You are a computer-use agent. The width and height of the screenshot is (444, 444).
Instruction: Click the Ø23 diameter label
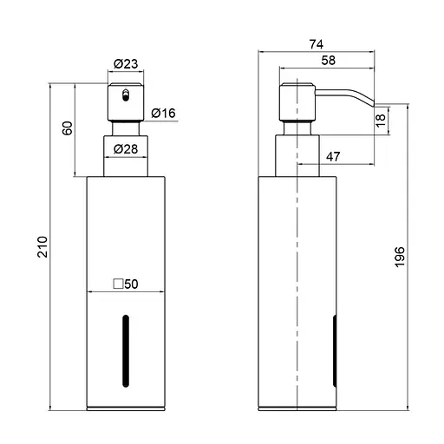coord(125,64)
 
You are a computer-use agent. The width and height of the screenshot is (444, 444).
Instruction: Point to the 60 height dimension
coord(66,129)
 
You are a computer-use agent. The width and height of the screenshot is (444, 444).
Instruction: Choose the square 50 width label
coord(126,284)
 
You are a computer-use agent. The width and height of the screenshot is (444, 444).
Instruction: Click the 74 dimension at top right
coord(317,44)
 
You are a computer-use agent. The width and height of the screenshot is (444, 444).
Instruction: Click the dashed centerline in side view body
coord(297,260)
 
